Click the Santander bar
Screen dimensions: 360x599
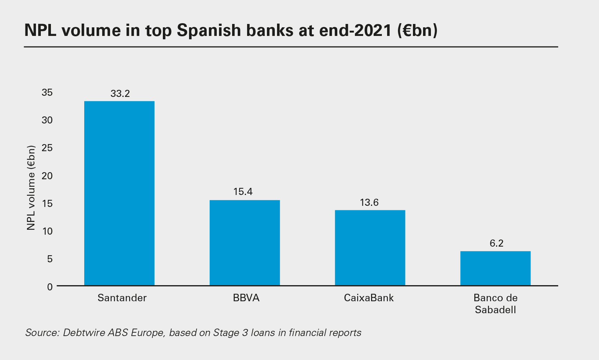[119, 193]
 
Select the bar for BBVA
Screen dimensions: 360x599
[244, 242]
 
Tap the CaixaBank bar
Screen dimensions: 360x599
[370, 248]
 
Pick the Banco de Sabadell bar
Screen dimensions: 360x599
[495, 268]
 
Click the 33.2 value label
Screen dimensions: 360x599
[120, 94]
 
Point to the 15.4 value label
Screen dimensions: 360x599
[243, 192]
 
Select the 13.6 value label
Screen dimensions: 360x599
[369, 203]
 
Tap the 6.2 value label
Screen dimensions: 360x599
[496, 243]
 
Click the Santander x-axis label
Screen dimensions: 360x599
[122, 298]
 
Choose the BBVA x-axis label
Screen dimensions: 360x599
[246, 298]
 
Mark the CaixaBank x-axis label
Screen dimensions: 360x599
[369, 298]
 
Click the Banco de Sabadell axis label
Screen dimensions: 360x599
[495, 304]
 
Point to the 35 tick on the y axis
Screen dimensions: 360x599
[47, 92]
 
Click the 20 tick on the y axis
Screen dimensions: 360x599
[47, 176]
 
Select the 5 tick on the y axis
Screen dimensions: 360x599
[50, 259]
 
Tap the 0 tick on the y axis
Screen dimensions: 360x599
[50, 287]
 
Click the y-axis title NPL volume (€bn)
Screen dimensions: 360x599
[31, 188]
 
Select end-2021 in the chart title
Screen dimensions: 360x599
[355, 30]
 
